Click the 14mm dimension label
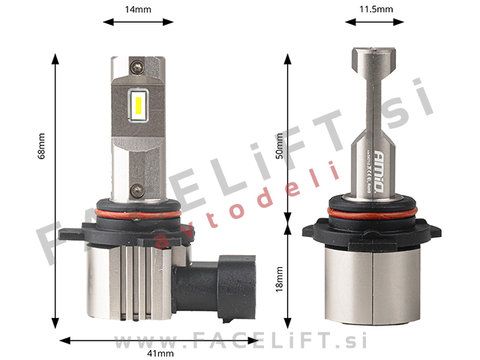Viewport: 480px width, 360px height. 138,9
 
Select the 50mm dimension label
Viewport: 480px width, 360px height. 279,145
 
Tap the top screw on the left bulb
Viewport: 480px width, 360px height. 136,67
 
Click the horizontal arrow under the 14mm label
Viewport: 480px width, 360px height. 138,22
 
